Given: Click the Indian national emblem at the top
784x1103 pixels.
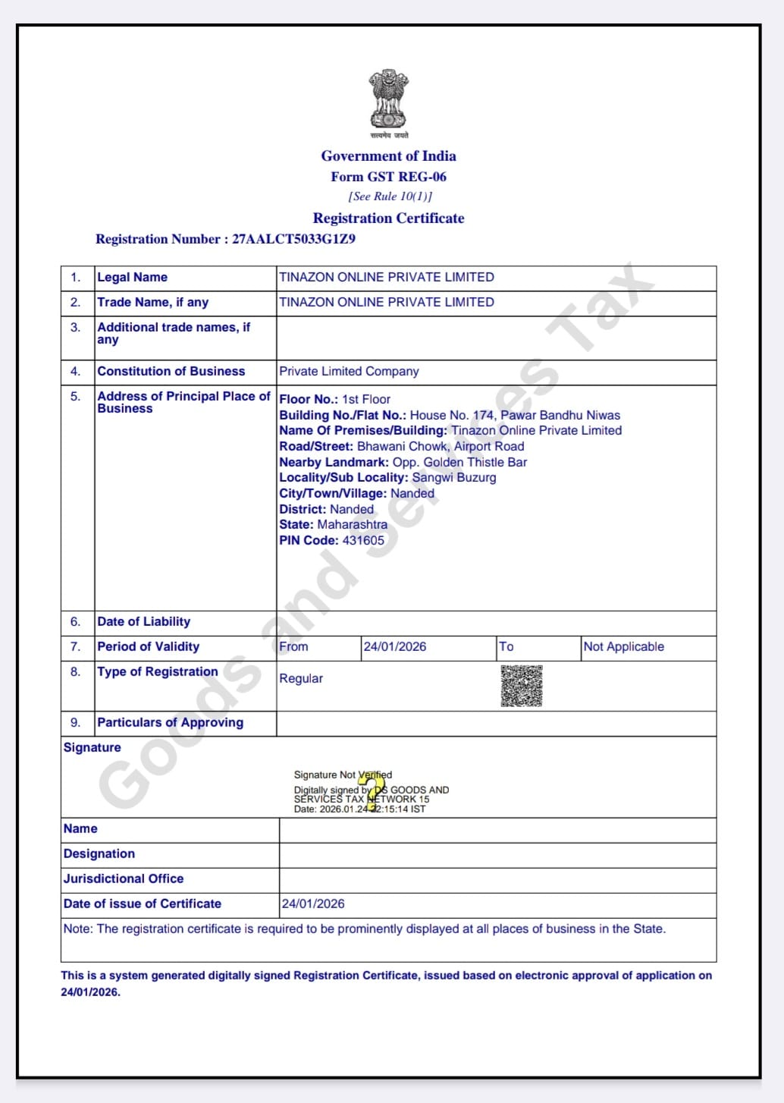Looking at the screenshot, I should pos(388,99).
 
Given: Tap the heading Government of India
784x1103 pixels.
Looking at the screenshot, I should pos(388,156).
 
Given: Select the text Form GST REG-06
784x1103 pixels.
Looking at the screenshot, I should pos(388,177).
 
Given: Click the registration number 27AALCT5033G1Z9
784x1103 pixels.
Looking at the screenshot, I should pos(293,239).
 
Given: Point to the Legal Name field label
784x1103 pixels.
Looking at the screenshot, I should pos(132,278).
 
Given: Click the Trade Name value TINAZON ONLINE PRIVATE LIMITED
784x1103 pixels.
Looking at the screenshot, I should pos(386,302).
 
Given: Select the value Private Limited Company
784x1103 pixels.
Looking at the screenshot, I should pos(349,372).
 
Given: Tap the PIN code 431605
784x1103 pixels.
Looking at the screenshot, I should pos(363,541).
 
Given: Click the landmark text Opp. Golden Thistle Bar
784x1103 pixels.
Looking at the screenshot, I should pos(459,462).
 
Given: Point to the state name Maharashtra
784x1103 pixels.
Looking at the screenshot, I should pos(352,525).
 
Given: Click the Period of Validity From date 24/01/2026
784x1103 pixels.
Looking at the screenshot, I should pos(395,647).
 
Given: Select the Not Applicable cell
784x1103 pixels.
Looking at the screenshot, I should pos(623,647).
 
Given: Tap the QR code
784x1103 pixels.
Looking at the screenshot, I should pos(522,687).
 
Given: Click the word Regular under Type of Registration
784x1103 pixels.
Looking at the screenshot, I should pos(301,679).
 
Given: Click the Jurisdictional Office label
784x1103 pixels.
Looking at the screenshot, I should pos(124,879).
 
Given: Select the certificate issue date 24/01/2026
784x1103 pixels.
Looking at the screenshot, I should pos(313,904).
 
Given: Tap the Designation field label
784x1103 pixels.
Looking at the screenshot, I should pos(99,854).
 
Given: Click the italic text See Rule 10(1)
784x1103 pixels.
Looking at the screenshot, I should pos(390,196).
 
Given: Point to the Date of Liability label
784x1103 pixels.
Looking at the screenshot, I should pos(144,622).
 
